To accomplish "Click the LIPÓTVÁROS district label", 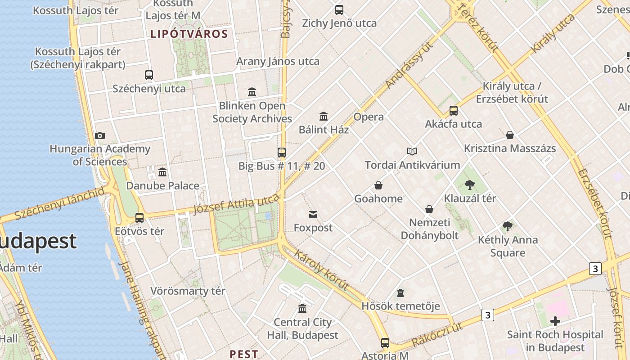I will tap(189, 34).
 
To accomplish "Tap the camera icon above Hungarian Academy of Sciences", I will tap(100, 135).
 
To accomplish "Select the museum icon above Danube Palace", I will tap(162, 172).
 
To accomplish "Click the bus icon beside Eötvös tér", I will tap(139, 218).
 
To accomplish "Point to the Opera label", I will tap(369, 117).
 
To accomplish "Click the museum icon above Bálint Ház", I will tap(324, 117).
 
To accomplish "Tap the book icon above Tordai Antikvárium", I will tap(412, 152).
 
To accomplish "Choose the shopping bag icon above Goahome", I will tap(378, 185).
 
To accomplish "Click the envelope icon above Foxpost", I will tap(313, 215).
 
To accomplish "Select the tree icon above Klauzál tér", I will tap(470, 184).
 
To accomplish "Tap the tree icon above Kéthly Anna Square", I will tap(508, 226).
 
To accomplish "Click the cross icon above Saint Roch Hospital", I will tap(555, 321).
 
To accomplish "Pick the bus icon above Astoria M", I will tap(385, 342).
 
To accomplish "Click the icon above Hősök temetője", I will tap(400, 293).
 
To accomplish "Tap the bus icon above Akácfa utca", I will tap(454, 111).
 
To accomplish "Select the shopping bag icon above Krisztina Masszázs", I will tap(510, 135).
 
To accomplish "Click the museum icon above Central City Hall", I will tap(302, 309).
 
